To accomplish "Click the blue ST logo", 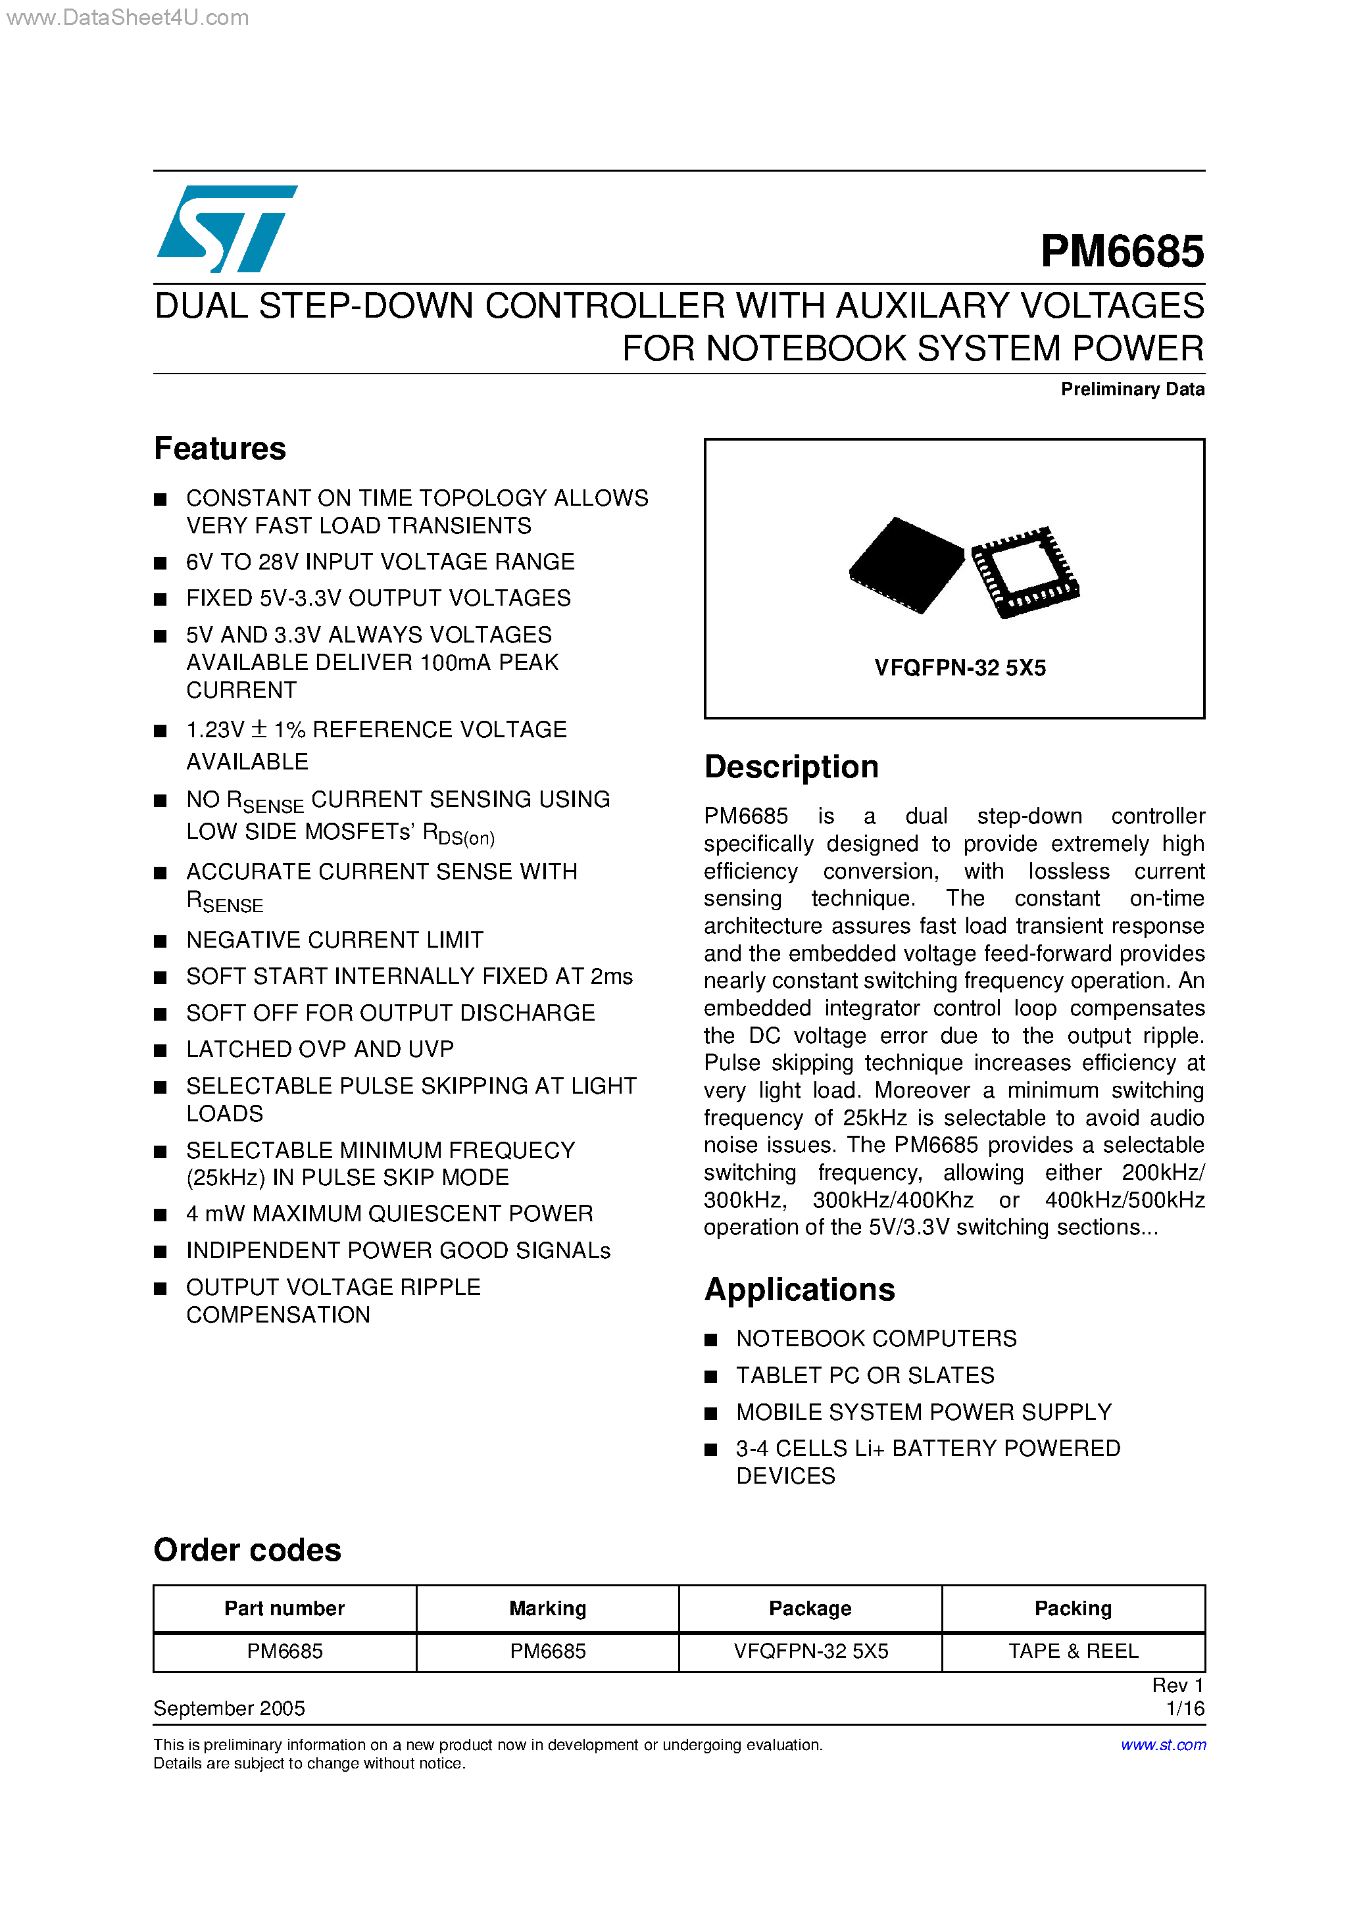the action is (226, 229).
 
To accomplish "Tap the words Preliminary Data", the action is (1132, 389).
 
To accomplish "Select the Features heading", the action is (220, 449).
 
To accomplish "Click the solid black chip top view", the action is (906, 564).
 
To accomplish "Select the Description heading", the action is (791, 767).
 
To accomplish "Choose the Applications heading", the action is (799, 1290).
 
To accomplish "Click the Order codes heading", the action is (247, 1550).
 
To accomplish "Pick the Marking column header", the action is (547, 1608).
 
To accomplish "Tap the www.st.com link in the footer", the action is (1163, 1745).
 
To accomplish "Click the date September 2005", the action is (229, 1709).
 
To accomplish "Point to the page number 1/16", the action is (1185, 1709).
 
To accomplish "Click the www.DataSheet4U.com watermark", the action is (128, 18).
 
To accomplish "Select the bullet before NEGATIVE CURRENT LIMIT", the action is (161, 941).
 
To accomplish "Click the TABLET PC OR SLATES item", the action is (864, 1375).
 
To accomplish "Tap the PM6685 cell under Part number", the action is (284, 1651).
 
